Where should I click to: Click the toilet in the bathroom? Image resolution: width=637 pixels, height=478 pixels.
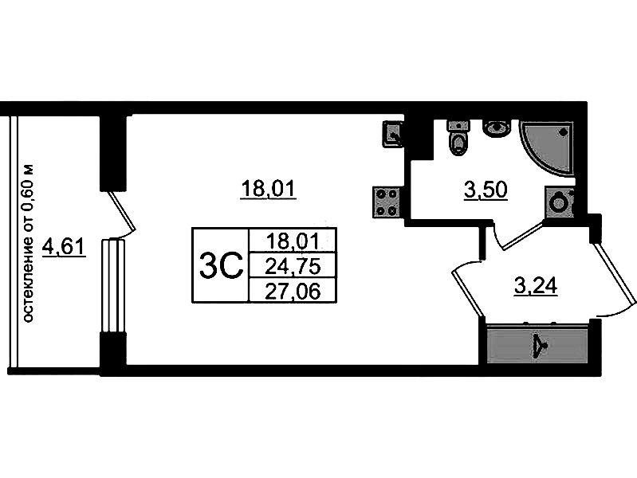tap(459, 140)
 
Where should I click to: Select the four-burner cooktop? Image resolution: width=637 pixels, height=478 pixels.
tap(387, 202)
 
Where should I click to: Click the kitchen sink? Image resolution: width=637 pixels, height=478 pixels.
tap(393, 134)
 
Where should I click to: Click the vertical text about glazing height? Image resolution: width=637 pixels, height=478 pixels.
tap(29, 244)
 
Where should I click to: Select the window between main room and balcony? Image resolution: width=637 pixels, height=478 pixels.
tap(114, 285)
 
